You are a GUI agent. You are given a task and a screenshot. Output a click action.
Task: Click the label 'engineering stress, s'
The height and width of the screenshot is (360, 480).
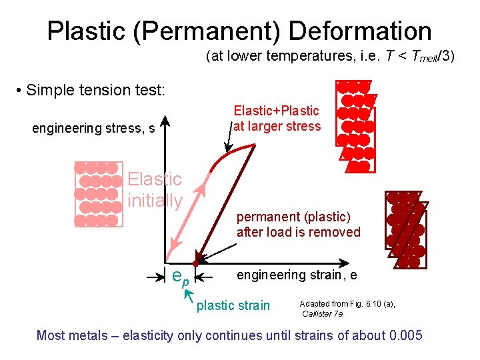pyautogui.click(x=93, y=128)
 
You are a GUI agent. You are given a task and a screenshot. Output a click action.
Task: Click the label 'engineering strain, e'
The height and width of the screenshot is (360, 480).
pyautogui.click(x=297, y=275)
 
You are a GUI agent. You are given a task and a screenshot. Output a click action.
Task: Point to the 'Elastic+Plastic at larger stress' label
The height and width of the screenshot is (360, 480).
pyautogui.click(x=276, y=119)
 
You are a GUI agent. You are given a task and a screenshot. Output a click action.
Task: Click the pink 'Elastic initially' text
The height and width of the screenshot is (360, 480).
pyautogui.click(x=155, y=189)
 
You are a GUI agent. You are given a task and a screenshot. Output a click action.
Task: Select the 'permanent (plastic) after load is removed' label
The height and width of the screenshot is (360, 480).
pyautogui.click(x=298, y=225)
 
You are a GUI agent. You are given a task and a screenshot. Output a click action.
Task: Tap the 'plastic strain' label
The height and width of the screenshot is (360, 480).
pyautogui.click(x=233, y=305)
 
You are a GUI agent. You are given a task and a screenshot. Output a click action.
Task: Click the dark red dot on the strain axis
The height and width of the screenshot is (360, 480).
pyautogui.click(x=196, y=264)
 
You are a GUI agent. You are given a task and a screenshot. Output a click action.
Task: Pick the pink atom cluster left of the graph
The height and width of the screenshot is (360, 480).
pyautogui.click(x=98, y=194)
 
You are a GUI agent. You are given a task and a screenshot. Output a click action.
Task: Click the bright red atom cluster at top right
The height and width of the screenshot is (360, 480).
pyautogui.click(x=355, y=126)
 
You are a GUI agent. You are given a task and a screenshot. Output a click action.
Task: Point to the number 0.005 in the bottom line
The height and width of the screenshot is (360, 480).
pyautogui.click(x=401, y=335)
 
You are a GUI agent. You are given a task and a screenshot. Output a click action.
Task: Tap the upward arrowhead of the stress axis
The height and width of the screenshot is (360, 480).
pyautogui.click(x=167, y=125)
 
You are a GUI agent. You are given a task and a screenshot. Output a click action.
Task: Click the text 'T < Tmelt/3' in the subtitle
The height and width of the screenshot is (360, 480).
pyautogui.click(x=411, y=55)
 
